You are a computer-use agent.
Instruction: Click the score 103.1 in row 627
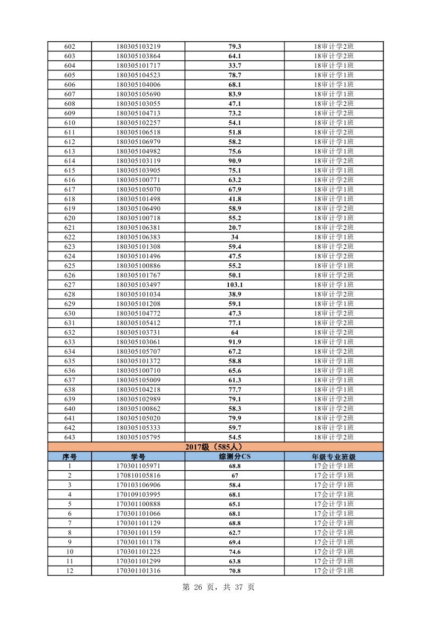[x=235, y=285]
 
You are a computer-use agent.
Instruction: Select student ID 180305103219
[x=138, y=47]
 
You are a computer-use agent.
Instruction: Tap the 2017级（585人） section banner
[x=215, y=447]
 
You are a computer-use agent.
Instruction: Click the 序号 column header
[x=69, y=456]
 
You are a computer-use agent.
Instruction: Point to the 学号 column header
[x=138, y=456]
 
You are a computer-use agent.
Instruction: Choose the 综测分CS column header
[x=235, y=456]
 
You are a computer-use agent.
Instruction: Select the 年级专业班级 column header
[x=334, y=456]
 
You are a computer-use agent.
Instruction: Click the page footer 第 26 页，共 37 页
[x=218, y=587]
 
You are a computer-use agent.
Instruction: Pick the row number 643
[x=69, y=437]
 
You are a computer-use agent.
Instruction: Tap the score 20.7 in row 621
[x=235, y=228]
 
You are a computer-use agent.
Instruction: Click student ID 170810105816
[x=138, y=476]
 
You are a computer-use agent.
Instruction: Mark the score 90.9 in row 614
[x=235, y=161]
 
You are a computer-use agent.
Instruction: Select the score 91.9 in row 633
[x=235, y=342]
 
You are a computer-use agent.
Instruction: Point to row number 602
[x=69, y=47]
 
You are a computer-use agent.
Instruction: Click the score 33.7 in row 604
[x=235, y=66]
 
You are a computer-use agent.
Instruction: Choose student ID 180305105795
[x=138, y=437]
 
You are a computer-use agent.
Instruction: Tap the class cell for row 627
[x=334, y=285]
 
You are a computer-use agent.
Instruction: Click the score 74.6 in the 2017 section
[x=235, y=552]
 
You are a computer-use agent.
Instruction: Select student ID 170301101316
[x=138, y=571]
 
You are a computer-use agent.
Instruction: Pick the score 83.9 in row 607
[x=235, y=94]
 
